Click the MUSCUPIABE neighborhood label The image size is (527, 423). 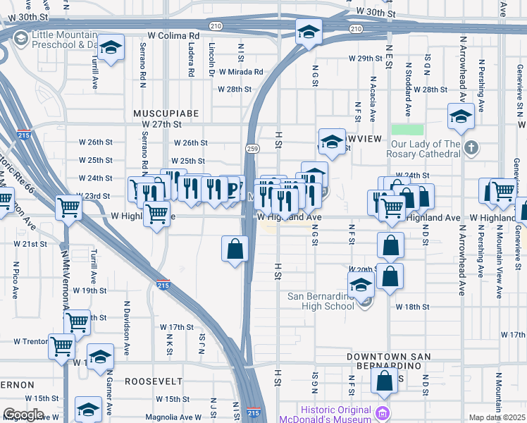point(166,113)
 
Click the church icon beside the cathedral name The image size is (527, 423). point(472,149)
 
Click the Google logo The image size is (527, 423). point(24,414)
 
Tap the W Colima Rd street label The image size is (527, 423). point(174,35)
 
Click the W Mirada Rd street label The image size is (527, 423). point(240,72)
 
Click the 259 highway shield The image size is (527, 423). point(252,148)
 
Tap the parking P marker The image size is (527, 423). point(232,189)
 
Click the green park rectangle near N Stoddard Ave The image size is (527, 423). point(407,130)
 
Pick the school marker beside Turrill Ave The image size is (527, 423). point(111,49)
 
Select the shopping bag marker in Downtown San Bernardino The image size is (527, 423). point(385,381)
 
